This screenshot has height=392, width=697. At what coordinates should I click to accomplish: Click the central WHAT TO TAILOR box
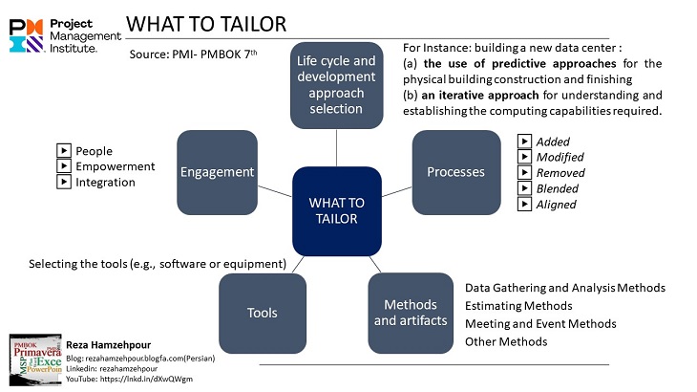(337, 210)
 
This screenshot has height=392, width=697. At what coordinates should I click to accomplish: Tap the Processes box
(455, 172)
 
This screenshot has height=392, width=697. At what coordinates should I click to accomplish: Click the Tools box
(263, 313)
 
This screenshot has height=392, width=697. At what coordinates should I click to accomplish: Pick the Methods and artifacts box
(411, 313)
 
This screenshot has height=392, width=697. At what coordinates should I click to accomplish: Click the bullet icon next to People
(64, 151)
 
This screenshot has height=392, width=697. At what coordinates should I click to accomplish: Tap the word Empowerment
(115, 166)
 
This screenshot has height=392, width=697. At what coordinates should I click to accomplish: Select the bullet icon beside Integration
(64, 182)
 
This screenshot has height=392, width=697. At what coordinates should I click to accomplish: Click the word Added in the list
(553, 142)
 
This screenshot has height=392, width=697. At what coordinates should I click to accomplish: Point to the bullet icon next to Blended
(523, 188)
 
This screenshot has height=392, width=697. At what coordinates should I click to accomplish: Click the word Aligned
(556, 204)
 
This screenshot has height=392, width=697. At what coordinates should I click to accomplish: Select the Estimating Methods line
(518, 306)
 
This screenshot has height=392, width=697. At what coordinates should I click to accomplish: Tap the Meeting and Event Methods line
(540, 324)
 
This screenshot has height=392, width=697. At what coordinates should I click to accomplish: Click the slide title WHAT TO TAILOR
(205, 22)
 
